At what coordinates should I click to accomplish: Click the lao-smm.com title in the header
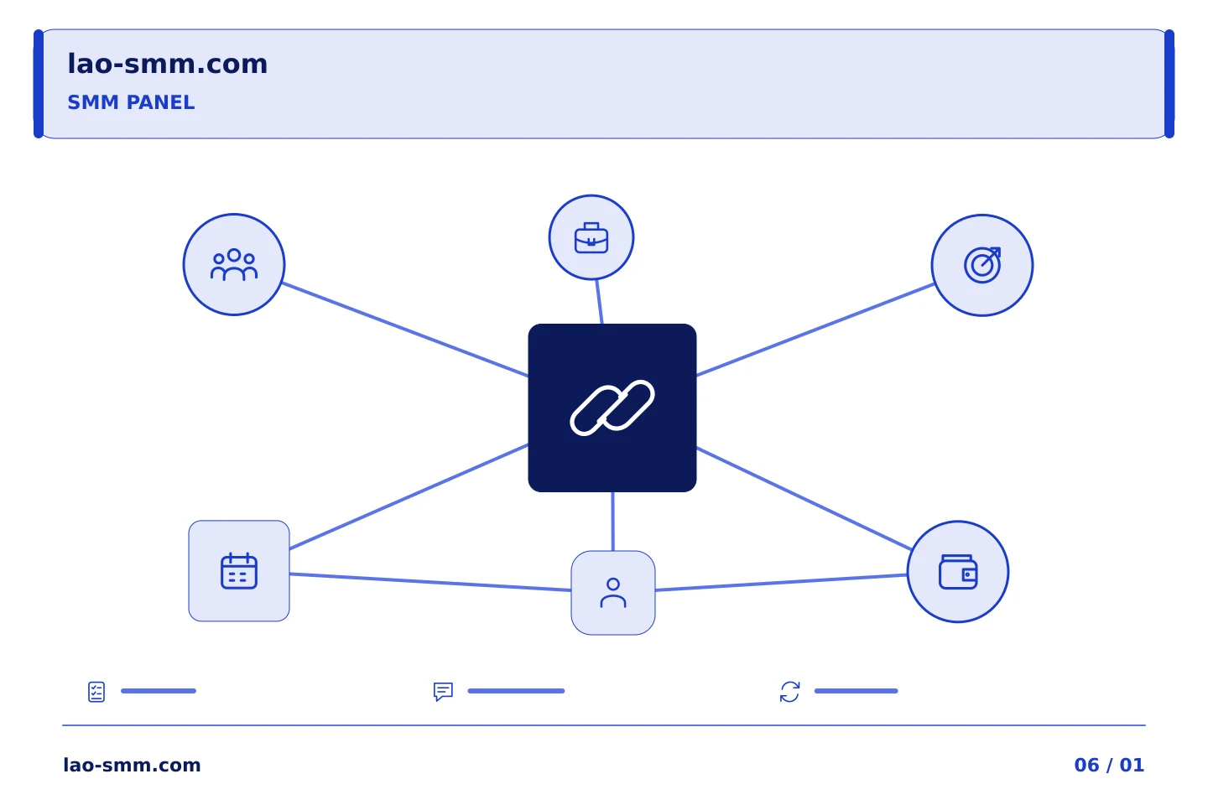point(167,65)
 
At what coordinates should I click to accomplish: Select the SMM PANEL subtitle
point(131,102)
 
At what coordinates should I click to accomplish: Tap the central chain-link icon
point(612,408)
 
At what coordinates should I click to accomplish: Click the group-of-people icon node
point(234,265)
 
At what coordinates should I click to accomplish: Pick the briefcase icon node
point(591,238)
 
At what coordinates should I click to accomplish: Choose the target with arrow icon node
point(982,265)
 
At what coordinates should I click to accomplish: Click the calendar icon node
point(239,571)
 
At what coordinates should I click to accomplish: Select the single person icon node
point(613,593)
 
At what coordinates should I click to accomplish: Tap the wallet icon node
point(958,572)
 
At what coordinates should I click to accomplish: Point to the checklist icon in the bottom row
point(96,692)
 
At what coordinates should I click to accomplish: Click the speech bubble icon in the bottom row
point(443,692)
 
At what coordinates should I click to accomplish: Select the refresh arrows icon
point(790,692)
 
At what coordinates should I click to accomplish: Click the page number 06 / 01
point(1109,765)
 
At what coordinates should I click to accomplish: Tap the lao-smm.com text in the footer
point(133,765)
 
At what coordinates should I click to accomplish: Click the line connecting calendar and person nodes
point(430,582)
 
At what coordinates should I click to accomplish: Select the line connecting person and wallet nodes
point(782,582)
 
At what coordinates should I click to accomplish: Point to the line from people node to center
point(405,330)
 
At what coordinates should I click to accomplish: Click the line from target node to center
point(815,330)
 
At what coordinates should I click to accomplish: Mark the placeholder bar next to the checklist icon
point(159,691)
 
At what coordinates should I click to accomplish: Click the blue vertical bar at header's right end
point(1169,84)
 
